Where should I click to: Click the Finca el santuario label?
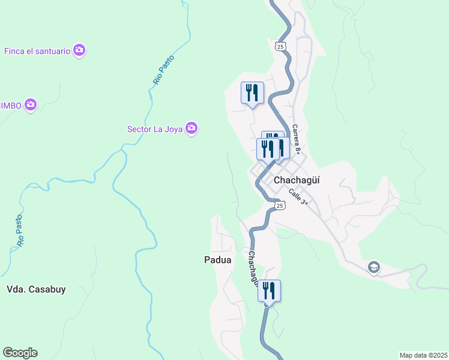(37, 50)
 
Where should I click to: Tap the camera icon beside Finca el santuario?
(79, 50)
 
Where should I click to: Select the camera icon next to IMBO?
(31, 106)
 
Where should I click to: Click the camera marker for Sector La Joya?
(191, 128)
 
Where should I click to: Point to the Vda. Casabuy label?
(35, 289)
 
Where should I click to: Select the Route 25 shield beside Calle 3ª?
(279, 205)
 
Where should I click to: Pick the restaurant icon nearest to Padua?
(269, 291)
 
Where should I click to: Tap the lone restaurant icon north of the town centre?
(252, 93)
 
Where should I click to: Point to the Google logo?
(20, 353)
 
